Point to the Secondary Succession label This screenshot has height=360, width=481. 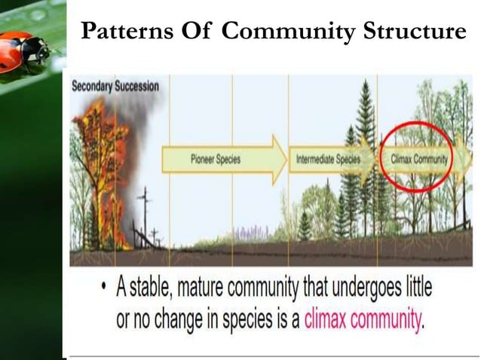(x=115, y=86)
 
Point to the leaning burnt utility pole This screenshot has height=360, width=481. (x=144, y=215)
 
